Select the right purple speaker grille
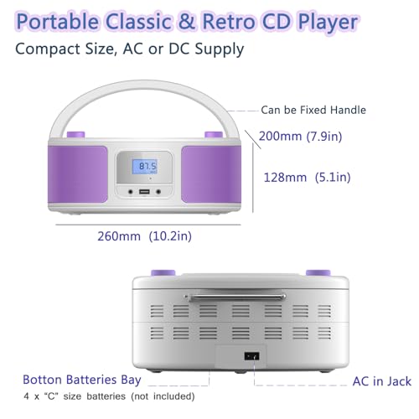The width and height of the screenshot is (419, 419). point(202,175)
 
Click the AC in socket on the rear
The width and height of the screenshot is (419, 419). point(249,355)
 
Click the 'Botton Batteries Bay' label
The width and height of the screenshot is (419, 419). point(82,380)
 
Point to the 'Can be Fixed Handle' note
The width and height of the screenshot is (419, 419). point(313,110)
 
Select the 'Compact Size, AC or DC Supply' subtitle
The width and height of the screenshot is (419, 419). point(129,49)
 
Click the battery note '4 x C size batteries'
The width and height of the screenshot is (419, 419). point(109,396)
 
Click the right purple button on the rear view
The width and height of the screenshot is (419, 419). point(317,272)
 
